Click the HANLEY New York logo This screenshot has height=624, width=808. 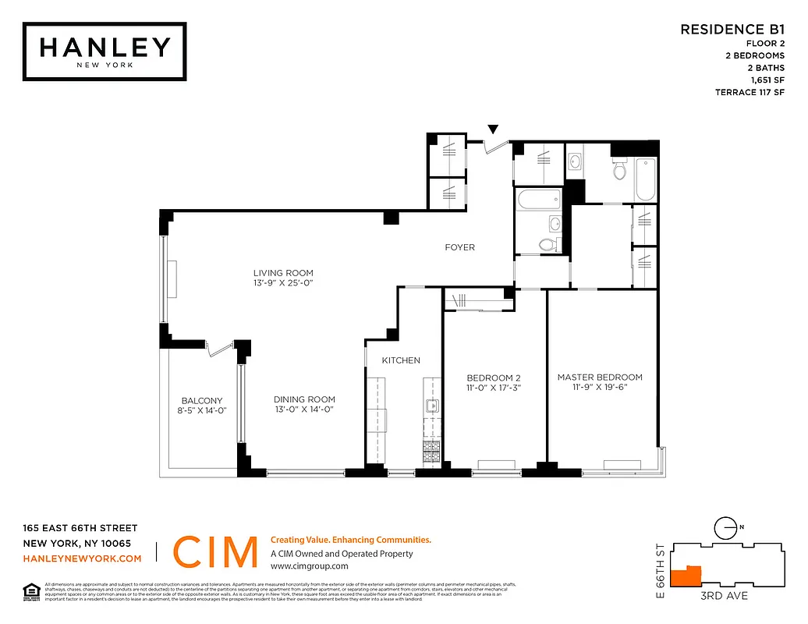tap(105, 51)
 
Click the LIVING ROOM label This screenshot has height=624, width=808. tap(282, 273)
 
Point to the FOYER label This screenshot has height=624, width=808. tap(459, 247)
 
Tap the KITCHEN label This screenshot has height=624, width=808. tap(401, 360)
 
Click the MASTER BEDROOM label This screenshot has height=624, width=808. tap(600, 378)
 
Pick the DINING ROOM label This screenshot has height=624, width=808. tap(305, 399)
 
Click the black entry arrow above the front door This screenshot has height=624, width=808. tap(493, 129)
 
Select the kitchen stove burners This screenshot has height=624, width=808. tap(431, 453)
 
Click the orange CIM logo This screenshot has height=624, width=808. tap(214, 552)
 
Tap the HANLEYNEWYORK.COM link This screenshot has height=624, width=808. tap(82, 558)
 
